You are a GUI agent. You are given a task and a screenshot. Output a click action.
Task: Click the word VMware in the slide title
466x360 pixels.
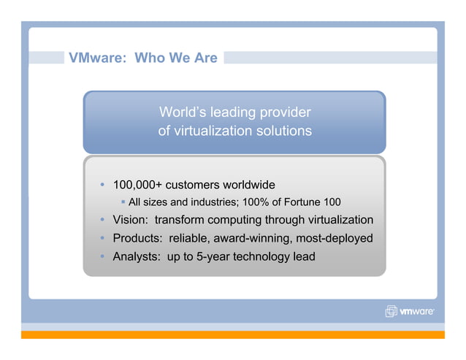[91, 58]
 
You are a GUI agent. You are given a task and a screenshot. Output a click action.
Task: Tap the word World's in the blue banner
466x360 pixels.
[183, 112]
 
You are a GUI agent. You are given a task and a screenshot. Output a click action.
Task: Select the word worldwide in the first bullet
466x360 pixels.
[249, 184]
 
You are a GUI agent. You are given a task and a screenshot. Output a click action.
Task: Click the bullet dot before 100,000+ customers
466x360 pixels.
[103, 184]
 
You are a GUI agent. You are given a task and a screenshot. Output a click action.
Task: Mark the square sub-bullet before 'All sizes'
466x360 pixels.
[123, 202]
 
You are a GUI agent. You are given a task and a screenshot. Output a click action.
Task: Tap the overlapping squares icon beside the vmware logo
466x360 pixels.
[391, 312]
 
